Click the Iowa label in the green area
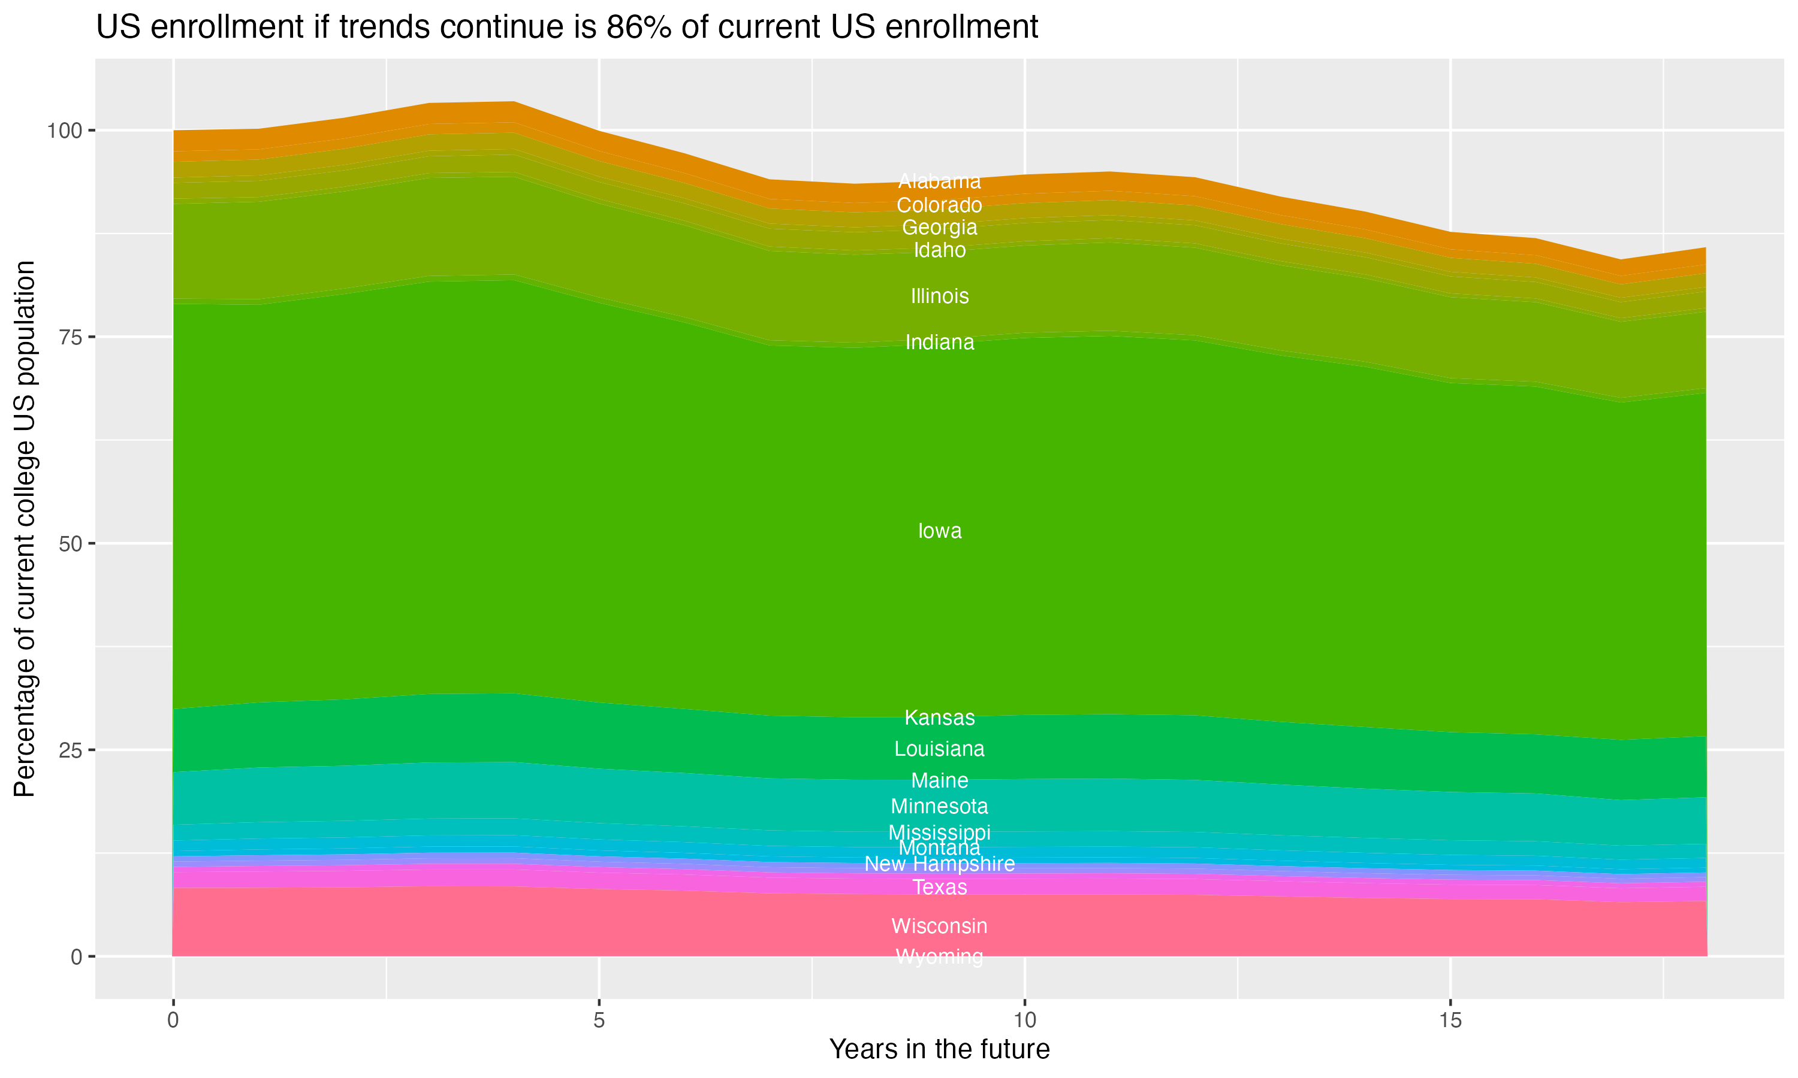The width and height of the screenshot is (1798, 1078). pyautogui.click(x=939, y=531)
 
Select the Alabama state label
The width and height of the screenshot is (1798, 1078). pyautogui.click(x=939, y=181)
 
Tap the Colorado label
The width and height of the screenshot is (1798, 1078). pyautogui.click(x=939, y=205)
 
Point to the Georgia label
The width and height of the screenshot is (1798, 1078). pyautogui.click(x=939, y=228)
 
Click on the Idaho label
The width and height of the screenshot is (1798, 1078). pyautogui.click(x=939, y=250)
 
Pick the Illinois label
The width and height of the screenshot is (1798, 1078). pyautogui.click(x=939, y=296)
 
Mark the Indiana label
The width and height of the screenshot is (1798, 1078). pyautogui.click(x=939, y=342)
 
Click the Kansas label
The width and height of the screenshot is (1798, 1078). pyautogui.click(x=939, y=717)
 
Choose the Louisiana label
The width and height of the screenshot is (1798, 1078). pyautogui.click(x=939, y=749)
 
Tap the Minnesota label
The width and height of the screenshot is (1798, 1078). pyautogui.click(x=939, y=806)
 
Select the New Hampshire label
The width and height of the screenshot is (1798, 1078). pyautogui.click(x=939, y=864)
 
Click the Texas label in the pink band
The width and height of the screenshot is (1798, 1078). pyautogui.click(x=939, y=887)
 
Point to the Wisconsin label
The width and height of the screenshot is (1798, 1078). pyautogui.click(x=939, y=926)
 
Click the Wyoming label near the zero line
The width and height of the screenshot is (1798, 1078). pyautogui.click(x=939, y=956)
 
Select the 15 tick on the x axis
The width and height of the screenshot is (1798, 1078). pyautogui.click(x=1450, y=1021)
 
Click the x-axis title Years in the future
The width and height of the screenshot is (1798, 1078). pyautogui.click(x=939, y=1049)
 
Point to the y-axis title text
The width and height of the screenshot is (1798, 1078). pyautogui.click(x=25, y=529)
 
